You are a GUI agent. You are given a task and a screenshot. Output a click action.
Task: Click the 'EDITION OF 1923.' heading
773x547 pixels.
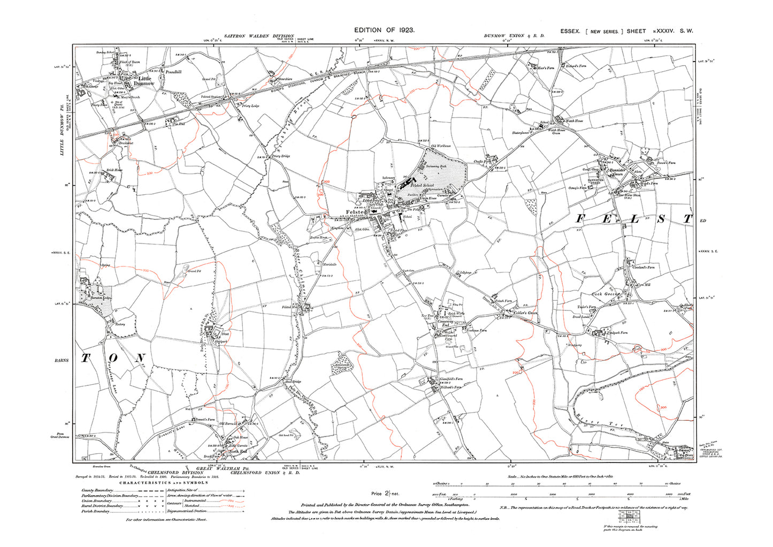[x=384, y=31]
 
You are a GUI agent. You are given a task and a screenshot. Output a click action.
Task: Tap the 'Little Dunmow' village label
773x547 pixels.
[x=144, y=81]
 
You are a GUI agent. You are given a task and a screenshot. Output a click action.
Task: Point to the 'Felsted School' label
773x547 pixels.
[x=422, y=185]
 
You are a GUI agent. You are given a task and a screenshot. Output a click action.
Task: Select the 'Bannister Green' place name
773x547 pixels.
[x=618, y=174]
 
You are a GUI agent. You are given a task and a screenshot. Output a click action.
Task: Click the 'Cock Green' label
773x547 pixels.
[x=605, y=294]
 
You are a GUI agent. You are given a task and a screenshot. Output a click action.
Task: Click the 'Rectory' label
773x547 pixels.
[x=119, y=324]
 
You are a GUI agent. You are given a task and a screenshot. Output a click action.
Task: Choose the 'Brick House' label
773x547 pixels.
[x=114, y=170]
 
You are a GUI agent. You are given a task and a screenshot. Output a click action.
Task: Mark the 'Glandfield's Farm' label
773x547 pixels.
[x=451, y=379]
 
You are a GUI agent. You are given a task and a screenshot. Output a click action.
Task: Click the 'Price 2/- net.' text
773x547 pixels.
[x=386, y=493]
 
